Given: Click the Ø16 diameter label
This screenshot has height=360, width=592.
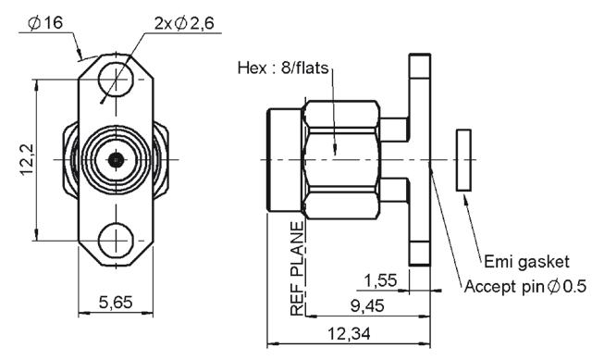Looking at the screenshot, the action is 45,22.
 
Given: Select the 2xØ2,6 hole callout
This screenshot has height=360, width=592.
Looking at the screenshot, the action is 184,23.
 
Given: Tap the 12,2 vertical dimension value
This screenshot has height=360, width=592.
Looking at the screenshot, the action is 27,159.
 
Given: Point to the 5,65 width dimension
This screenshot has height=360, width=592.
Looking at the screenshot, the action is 116,303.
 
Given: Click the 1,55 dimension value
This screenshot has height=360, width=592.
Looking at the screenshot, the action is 380,280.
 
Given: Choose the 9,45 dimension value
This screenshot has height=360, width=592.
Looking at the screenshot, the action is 367,305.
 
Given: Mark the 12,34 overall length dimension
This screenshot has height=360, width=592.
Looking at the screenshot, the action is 349,334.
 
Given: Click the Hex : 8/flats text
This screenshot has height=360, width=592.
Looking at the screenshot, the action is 283,68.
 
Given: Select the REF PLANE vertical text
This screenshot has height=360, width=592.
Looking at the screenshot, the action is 297,268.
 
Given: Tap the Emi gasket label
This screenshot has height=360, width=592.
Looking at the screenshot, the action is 526,262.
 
